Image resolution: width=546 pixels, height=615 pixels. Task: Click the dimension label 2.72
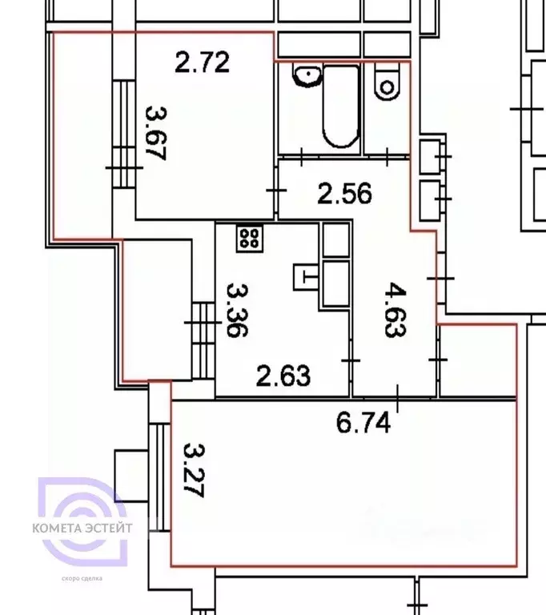(x=203, y=62)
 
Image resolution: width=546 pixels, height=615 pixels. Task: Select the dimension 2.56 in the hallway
(x=344, y=193)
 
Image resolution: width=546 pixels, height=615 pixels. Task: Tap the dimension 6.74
(x=363, y=422)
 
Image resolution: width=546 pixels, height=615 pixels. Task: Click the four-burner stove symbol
(x=250, y=237)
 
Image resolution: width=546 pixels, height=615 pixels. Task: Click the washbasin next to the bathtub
(x=307, y=77)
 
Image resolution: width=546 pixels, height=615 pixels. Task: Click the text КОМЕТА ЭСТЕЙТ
(x=82, y=528)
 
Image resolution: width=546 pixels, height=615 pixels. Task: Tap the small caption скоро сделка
(x=82, y=577)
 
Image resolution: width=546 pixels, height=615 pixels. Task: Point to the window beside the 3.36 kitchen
(x=203, y=340)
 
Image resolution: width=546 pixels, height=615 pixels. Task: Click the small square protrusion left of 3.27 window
(x=130, y=475)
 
